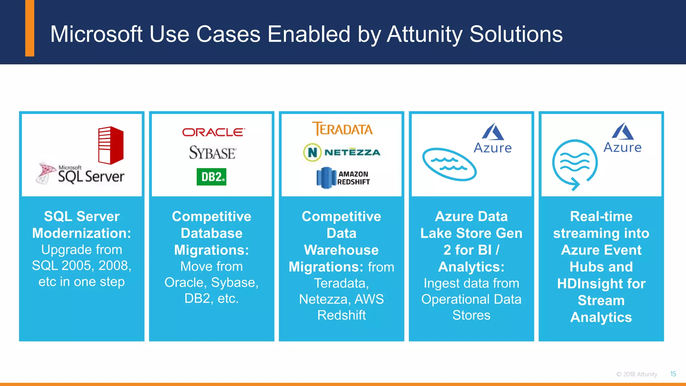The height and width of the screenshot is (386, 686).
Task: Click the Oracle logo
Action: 213,132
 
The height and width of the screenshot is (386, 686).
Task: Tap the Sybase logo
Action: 212,153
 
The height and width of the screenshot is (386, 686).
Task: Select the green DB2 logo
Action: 211,177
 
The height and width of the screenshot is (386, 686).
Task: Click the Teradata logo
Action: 342,129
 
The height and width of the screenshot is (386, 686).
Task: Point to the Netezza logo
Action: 342,152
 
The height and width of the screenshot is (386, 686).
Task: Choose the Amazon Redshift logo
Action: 343,178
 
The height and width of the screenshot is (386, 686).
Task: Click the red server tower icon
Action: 111,145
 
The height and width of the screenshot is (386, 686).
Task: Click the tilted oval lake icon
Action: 449,164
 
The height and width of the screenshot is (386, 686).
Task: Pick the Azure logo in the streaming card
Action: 622,138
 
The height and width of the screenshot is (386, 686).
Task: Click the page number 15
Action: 673,374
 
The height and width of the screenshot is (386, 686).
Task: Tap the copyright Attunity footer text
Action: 637,374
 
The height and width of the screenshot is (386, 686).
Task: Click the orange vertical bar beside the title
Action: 30,28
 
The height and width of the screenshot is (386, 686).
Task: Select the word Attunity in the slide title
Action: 424,34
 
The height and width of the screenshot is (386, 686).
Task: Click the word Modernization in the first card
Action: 81,233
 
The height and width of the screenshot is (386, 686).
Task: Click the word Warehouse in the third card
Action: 341,250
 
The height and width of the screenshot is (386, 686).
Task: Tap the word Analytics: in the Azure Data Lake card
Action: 471,267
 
